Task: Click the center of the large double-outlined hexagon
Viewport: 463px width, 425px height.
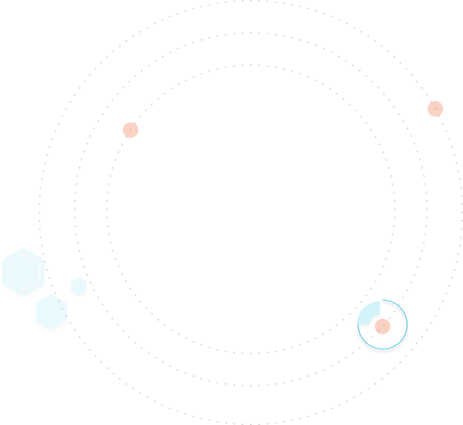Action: click(23, 272)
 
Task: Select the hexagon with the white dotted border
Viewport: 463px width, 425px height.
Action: click(51, 312)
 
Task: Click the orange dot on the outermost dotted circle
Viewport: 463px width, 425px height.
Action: click(435, 109)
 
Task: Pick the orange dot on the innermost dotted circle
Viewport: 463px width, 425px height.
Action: click(131, 130)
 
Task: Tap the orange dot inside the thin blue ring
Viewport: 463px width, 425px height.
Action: click(383, 326)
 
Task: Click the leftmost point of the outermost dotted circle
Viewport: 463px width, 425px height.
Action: click(39, 209)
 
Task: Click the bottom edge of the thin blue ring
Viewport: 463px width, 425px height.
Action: click(383, 349)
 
